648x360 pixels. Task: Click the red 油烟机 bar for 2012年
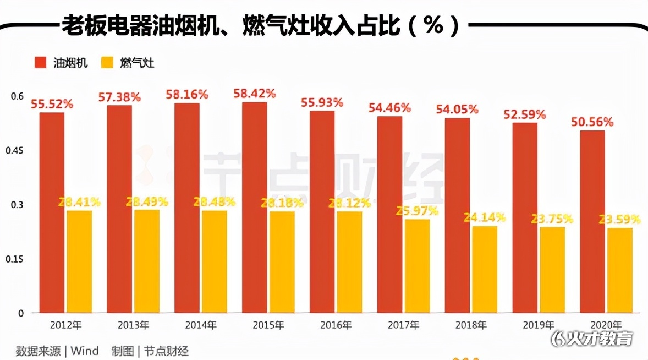52,212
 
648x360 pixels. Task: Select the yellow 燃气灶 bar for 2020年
619,270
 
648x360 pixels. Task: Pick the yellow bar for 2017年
417,266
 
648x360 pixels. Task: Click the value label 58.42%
255,93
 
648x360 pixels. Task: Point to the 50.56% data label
593,122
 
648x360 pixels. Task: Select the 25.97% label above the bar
416,211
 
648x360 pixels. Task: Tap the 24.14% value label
484,217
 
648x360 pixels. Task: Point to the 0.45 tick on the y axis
18,151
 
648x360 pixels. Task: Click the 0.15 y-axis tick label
18,259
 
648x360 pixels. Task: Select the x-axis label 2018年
471,325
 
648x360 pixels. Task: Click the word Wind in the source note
85,351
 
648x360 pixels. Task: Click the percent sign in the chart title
433,25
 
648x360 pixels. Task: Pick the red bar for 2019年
525,217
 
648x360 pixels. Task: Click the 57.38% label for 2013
119,97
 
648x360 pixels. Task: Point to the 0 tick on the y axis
21,313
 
